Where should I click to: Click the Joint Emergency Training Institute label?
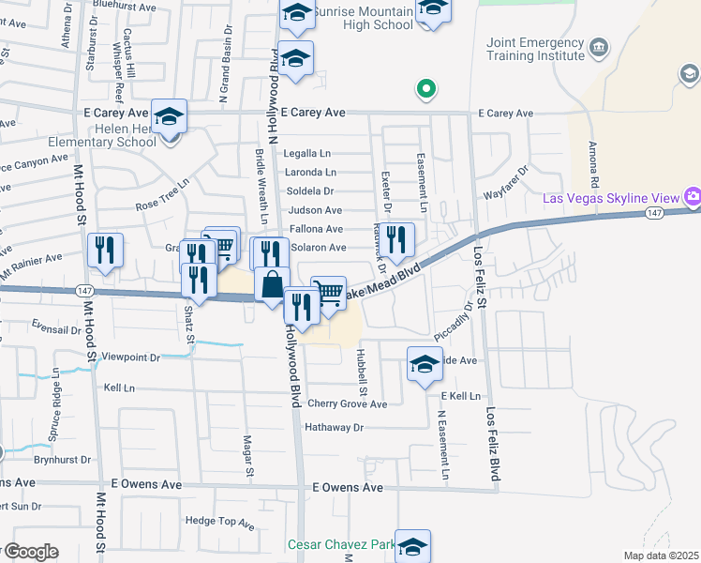pos(535,50)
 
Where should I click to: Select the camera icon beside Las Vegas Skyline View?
pos(693,196)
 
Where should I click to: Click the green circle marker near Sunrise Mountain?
pos(425,89)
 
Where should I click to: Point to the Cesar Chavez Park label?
pos(340,544)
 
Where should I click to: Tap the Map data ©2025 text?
pos(662,555)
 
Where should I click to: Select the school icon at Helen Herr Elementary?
pos(170,117)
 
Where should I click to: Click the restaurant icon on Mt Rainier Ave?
pos(104,250)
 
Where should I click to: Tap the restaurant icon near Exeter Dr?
pos(397,240)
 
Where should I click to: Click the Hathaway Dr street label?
pos(333,427)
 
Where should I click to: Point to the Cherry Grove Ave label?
pos(347,404)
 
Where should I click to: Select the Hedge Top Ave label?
pos(220,521)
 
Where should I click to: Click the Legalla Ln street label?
pos(308,153)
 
